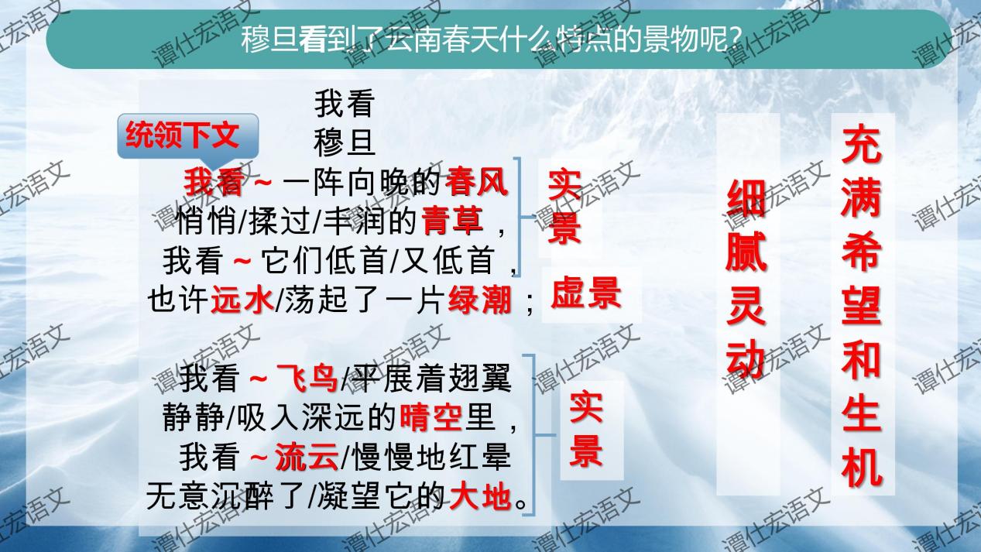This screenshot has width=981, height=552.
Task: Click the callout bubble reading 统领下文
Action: point(182,136)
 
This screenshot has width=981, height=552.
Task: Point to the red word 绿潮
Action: point(480,300)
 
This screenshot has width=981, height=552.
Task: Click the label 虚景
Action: point(586,295)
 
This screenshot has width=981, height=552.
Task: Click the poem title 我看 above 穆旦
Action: point(345,103)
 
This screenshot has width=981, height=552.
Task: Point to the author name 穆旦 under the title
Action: point(345,142)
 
